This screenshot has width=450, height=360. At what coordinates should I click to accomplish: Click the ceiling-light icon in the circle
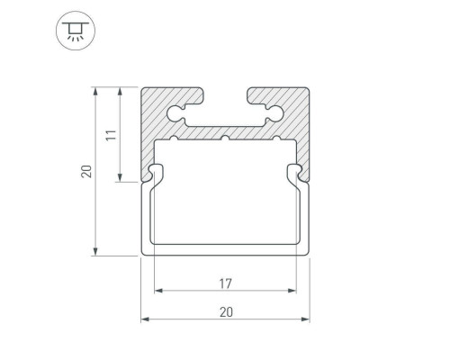(x=76, y=31)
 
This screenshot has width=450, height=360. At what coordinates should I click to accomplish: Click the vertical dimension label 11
(x=111, y=135)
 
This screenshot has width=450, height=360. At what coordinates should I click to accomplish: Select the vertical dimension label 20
(x=86, y=171)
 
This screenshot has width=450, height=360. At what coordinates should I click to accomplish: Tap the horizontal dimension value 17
(x=225, y=283)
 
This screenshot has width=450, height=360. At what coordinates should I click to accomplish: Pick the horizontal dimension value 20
(x=226, y=312)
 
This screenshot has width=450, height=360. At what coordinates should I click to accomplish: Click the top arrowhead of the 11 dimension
(x=120, y=91)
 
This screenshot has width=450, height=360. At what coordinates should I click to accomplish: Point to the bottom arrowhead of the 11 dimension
(x=120, y=178)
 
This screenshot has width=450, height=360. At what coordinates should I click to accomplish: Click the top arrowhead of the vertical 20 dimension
(x=95, y=91)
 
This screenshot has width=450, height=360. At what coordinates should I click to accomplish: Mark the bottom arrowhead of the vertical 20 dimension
(x=95, y=252)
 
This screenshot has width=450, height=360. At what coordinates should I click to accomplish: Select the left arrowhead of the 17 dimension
(x=158, y=291)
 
